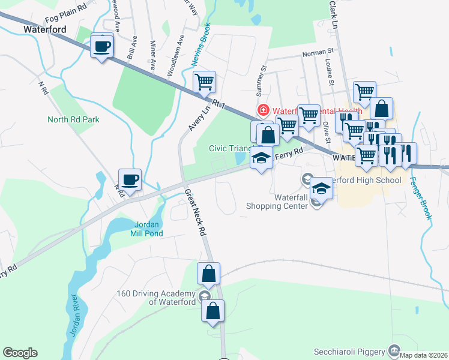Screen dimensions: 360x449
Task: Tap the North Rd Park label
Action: [x=73, y=119]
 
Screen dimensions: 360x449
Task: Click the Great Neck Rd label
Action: [x=196, y=213]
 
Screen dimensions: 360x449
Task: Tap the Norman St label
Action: [x=318, y=53]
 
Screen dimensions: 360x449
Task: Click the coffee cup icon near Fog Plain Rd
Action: [x=101, y=46]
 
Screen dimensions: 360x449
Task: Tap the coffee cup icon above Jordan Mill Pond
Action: [x=130, y=179]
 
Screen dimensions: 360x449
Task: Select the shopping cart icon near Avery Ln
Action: [x=205, y=82]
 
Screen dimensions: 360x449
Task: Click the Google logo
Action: [x=20, y=353]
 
